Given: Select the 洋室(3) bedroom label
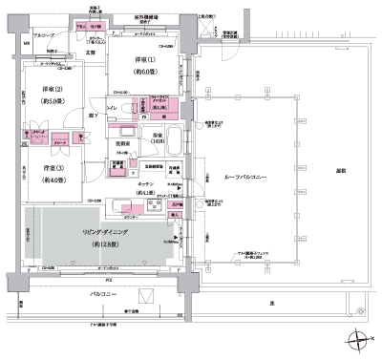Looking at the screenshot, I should click(51, 168).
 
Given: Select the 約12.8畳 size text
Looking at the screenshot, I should click(104, 245).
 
